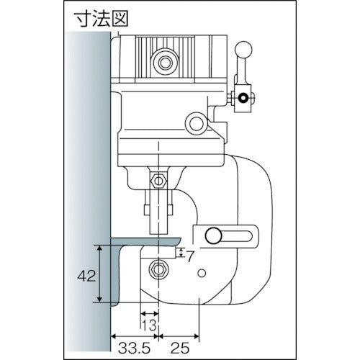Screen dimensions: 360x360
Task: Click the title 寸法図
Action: pyautogui.click(x=101, y=19)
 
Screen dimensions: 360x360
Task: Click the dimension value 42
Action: pyautogui.click(x=86, y=276)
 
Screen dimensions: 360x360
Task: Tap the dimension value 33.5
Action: pyautogui.click(x=135, y=348)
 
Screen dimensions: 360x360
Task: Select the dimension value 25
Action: pyautogui.click(x=180, y=348)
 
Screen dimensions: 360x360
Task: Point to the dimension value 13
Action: pyautogui.click(x=149, y=325)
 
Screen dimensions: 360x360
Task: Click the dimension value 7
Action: pyautogui.click(x=189, y=256)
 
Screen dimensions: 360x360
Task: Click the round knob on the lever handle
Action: pyautogui.click(x=243, y=50)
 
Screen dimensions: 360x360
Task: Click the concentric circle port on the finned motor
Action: pyautogui.click(x=165, y=63)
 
